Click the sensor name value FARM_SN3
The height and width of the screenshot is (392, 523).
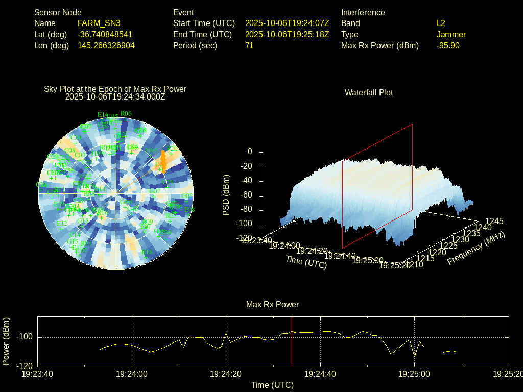click(99, 23)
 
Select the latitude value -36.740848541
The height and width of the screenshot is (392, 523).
click(105, 35)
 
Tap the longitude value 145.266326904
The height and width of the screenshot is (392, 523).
click(106, 46)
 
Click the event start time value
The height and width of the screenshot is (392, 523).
click(287, 23)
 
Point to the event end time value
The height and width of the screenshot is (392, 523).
click(287, 35)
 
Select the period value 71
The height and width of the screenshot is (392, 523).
click(249, 46)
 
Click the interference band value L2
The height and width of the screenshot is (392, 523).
click(441, 23)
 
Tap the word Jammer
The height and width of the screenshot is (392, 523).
click(451, 35)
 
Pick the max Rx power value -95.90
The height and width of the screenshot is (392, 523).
click(448, 46)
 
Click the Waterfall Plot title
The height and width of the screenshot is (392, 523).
click(369, 93)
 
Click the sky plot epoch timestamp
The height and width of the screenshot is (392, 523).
click(115, 96)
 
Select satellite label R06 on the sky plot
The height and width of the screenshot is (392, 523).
click(126, 114)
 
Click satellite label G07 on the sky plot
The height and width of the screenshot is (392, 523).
click(155, 191)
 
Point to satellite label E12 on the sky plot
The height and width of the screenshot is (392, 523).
click(62, 224)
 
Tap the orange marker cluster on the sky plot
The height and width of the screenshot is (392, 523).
click(163, 159)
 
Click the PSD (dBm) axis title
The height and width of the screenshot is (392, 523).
click(226, 195)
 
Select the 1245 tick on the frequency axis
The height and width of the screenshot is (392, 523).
click(494, 221)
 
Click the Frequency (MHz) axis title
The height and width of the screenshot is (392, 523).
click(476, 249)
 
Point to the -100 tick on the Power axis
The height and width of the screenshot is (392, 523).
click(25, 337)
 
